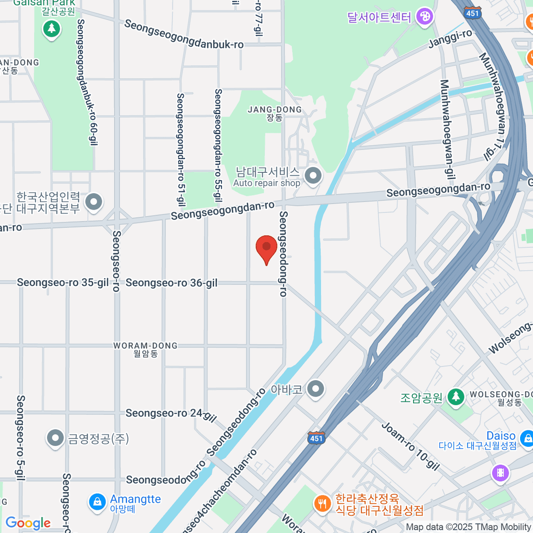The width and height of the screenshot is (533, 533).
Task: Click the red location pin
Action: [x=266, y=248]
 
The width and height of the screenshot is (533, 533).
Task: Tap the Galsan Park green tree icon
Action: [x=52, y=29]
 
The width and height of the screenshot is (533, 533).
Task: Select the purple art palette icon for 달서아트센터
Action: [x=425, y=17]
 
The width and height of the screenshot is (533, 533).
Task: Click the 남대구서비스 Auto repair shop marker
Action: [x=313, y=175]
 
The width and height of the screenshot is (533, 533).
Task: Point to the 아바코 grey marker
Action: [x=316, y=389]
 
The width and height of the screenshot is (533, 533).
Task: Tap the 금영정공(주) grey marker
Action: [x=55, y=438]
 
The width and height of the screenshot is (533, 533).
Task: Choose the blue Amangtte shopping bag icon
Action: [x=97, y=502]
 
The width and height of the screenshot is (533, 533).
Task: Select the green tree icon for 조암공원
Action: [x=456, y=397]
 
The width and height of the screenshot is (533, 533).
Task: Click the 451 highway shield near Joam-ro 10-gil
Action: [x=316, y=438]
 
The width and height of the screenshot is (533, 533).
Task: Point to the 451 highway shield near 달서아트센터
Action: [x=473, y=13]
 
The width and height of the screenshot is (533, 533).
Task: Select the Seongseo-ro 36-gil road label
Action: [x=171, y=283]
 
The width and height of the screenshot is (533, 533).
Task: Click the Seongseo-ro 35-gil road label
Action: [x=63, y=283]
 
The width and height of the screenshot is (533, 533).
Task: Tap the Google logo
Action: [x=28, y=523]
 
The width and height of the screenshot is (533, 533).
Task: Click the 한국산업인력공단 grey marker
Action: [x=94, y=202]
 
